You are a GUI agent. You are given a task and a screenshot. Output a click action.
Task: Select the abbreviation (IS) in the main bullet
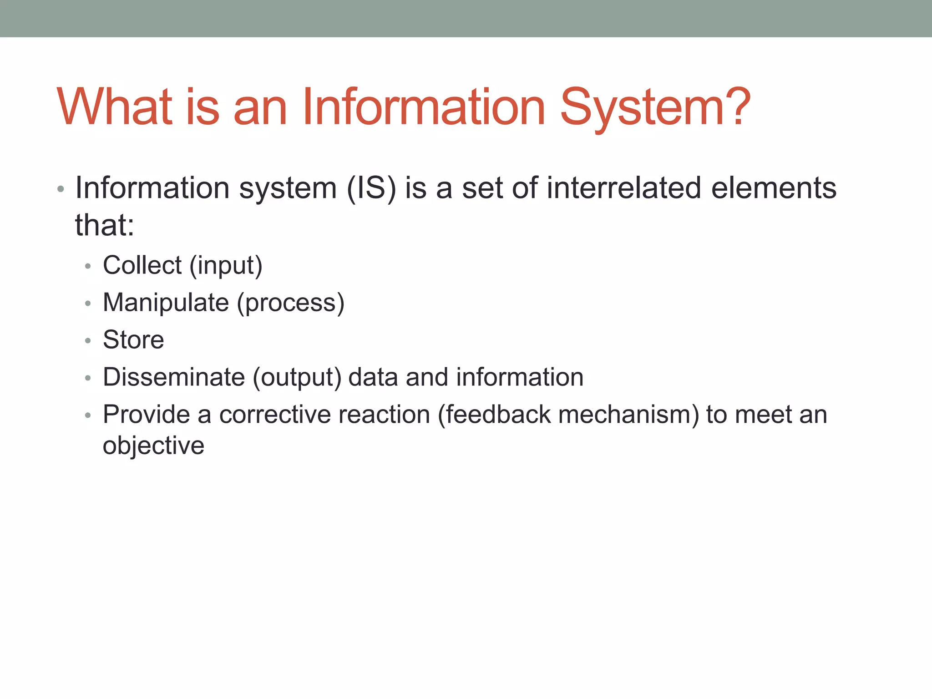[x=371, y=188]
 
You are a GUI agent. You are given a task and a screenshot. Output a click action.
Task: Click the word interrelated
[x=623, y=188]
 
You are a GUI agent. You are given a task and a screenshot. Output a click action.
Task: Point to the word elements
[x=774, y=188]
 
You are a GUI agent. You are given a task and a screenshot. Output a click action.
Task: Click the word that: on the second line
[x=105, y=225]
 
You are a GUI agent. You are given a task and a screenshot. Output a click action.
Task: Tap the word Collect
[x=142, y=265]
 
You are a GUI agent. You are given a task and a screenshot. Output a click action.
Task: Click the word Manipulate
[x=166, y=303]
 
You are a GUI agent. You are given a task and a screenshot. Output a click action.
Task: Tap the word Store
[x=133, y=340]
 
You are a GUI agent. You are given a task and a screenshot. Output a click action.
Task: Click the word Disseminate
[x=174, y=377]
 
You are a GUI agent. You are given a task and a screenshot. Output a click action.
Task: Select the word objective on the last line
[x=153, y=446]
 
